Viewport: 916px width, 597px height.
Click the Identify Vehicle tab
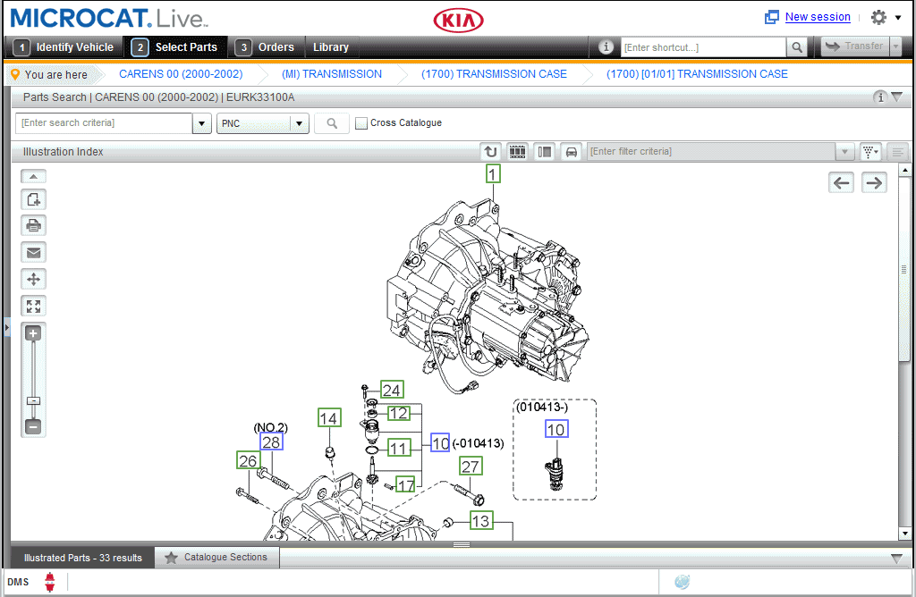pos(64,47)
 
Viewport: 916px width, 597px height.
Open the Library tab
pos(330,47)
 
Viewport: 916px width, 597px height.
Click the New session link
pos(817,17)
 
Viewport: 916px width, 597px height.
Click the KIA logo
pos(458,21)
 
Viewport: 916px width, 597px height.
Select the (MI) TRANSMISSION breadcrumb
pos(331,74)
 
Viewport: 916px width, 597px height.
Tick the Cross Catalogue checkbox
pos(361,123)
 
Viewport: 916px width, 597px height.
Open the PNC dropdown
pos(300,123)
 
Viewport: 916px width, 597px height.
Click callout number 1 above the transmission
pos(493,173)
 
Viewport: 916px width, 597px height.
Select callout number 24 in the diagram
pos(392,390)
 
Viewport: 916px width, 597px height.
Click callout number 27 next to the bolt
pos(471,466)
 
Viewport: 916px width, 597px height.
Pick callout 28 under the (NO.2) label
pos(271,442)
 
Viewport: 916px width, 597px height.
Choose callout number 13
pos(481,520)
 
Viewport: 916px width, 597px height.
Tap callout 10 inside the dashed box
pos(556,430)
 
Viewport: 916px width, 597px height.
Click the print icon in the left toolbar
pos(34,225)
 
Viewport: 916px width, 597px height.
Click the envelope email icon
pos(34,252)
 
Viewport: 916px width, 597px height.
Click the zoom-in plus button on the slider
pos(33,333)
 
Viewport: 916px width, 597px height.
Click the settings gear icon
pos(878,17)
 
